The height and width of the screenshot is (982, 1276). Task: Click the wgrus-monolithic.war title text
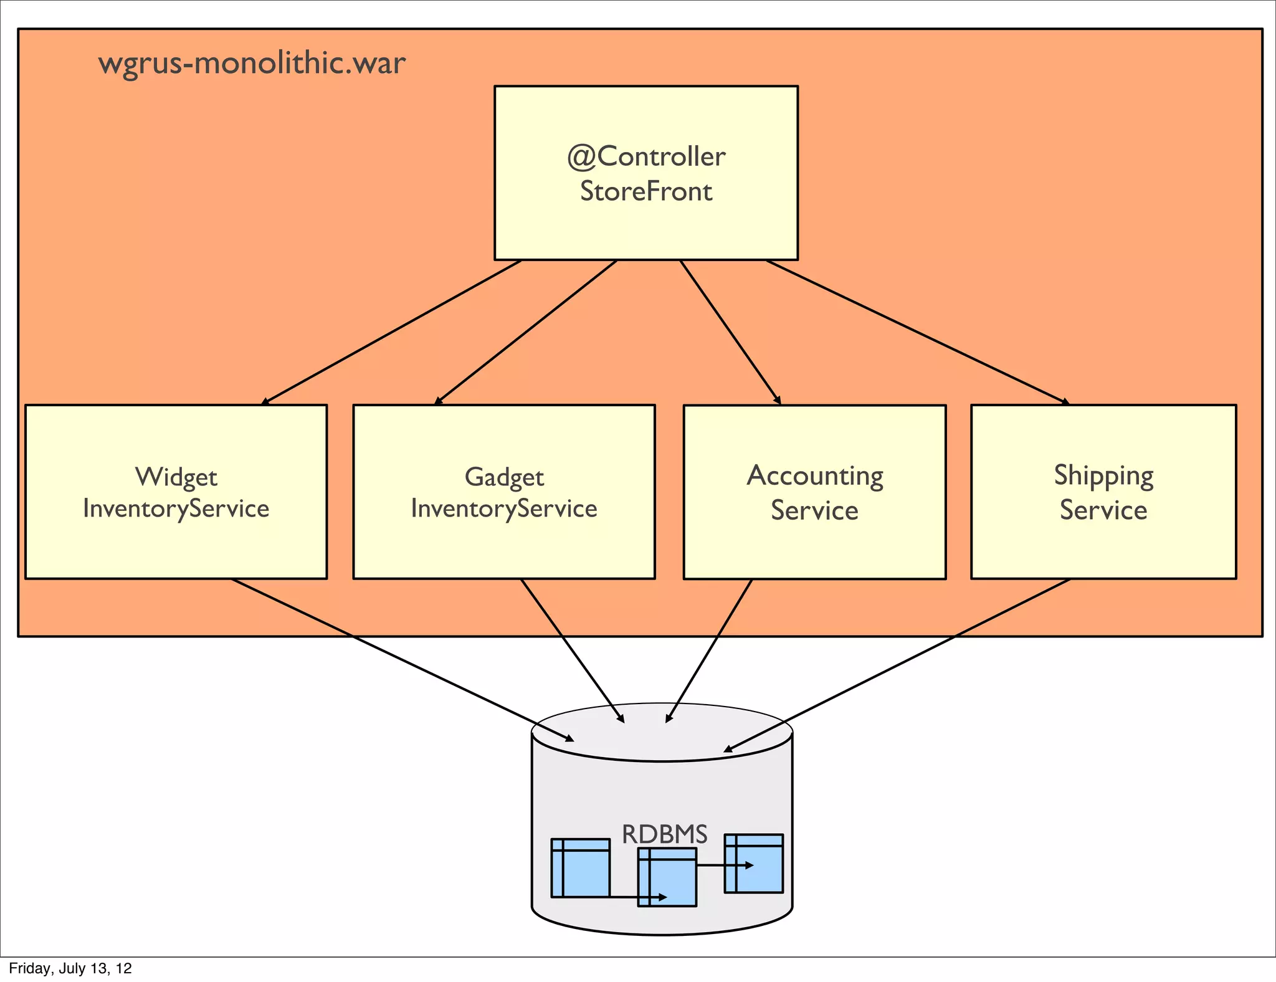tap(252, 64)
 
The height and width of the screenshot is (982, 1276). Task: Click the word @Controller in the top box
tap(646, 156)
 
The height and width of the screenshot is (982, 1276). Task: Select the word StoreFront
tap(646, 191)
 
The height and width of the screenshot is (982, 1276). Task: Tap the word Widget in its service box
tap(176, 477)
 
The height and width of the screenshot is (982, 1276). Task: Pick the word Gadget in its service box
tap(504, 477)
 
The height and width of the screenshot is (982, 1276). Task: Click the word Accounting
tap(815, 476)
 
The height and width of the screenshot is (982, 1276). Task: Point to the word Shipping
tap(1103, 476)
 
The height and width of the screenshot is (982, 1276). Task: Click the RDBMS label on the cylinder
tap(665, 834)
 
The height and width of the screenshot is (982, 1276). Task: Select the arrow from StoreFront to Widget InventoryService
tap(391, 333)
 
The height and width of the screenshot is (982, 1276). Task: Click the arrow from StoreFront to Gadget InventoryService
tap(526, 333)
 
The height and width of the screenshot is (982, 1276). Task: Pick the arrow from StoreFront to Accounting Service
tap(730, 333)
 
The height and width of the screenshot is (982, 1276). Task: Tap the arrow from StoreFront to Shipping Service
tap(917, 333)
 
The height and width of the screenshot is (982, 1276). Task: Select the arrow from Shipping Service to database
tap(897, 665)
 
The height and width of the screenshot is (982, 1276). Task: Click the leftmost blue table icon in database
tap(580, 867)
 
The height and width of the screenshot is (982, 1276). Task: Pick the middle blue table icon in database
tap(667, 876)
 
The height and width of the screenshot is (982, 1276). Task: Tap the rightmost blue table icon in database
tap(753, 863)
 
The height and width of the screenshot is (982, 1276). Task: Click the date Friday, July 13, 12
tap(70, 968)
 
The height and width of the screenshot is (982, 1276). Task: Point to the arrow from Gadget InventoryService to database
tap(572, 651)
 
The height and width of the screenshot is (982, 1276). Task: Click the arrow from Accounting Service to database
tap(709, 651)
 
